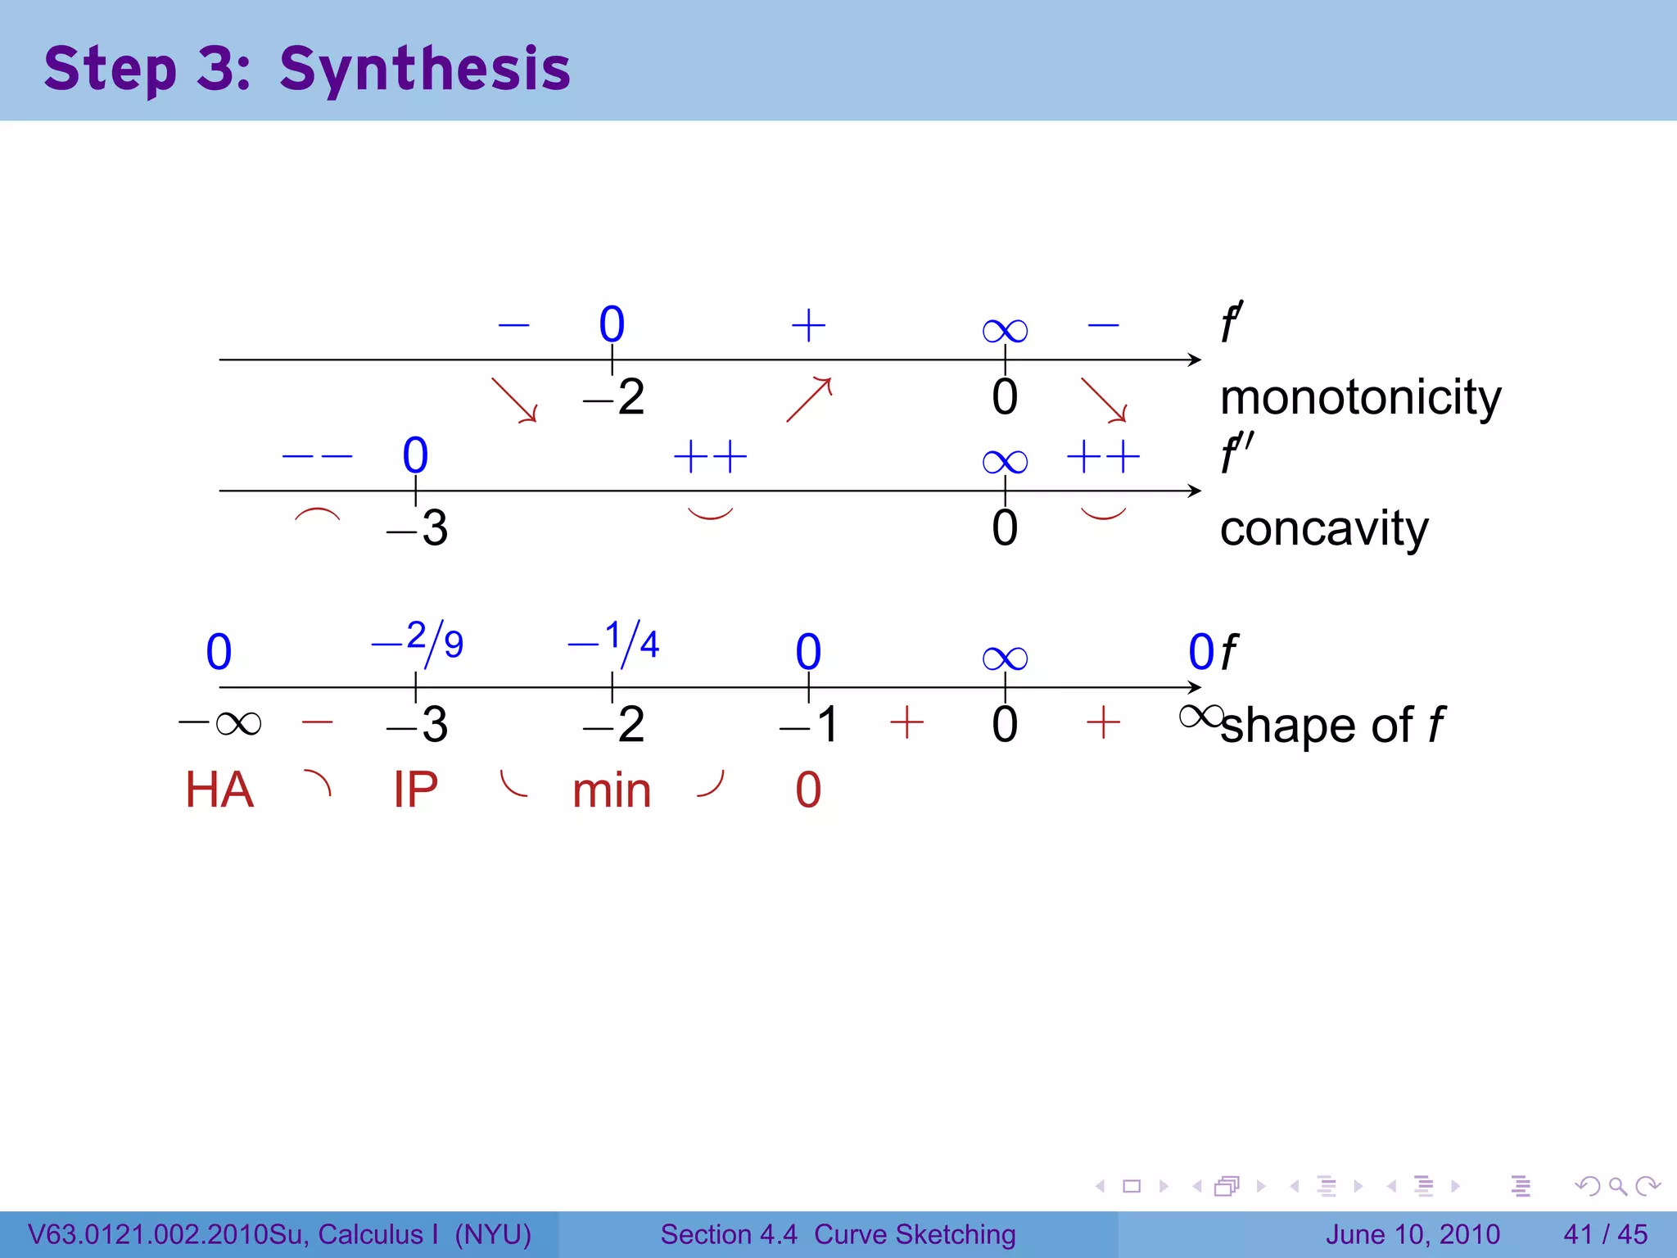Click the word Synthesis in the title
[x=424, y=70]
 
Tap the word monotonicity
[x=1360, y=399]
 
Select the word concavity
[x=1323, y=529]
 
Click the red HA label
[x=219, y=790]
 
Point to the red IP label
[x=415, y=790]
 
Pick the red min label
[x=612, y=792]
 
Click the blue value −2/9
[x=418, y=641]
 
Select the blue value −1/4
[x=614, y=641]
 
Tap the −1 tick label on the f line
[x=810, y=725]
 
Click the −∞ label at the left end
[x=220, y=724]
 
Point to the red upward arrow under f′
[x=809, y=399]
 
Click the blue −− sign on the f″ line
[x=317, y=456]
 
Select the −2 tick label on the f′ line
[x=614, y=398]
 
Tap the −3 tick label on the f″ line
[x=418, y=528]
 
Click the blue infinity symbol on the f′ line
[x=1005, y=331]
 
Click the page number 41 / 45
[x=1605, y=1234]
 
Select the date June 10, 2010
[x=1413, y=1234]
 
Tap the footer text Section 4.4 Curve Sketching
[x=838, y=1234]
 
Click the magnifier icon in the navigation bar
[x=1617, y=1186]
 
